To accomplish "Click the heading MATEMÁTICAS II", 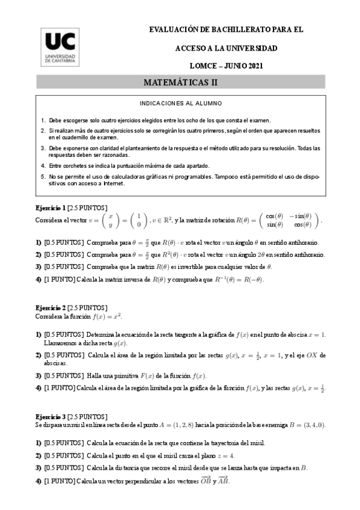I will pos(180,81).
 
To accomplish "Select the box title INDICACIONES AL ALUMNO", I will pos(180,103).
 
